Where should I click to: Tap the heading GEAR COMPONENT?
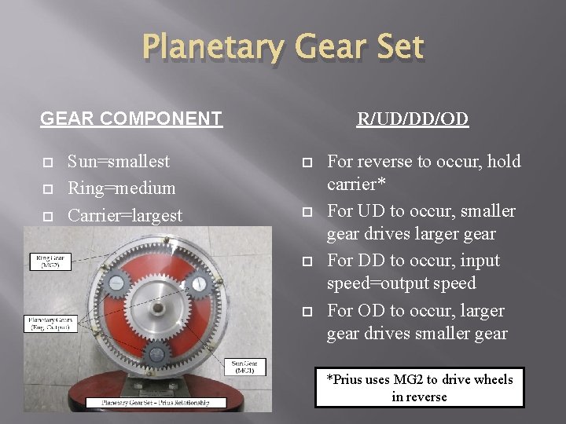(131, 119)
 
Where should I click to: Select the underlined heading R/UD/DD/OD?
(413, 119)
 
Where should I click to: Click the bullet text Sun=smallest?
(119, 162)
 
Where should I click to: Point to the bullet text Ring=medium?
(122, 188)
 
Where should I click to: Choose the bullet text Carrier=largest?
(125, 215)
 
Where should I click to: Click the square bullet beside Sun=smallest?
(46, 163)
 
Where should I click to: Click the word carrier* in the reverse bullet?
(359, 185)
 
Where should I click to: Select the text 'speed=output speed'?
(401, 283)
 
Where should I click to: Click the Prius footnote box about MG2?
(419, 388)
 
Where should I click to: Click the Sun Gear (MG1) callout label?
(248, 367)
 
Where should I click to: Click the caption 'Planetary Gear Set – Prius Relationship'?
(154, 402)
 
